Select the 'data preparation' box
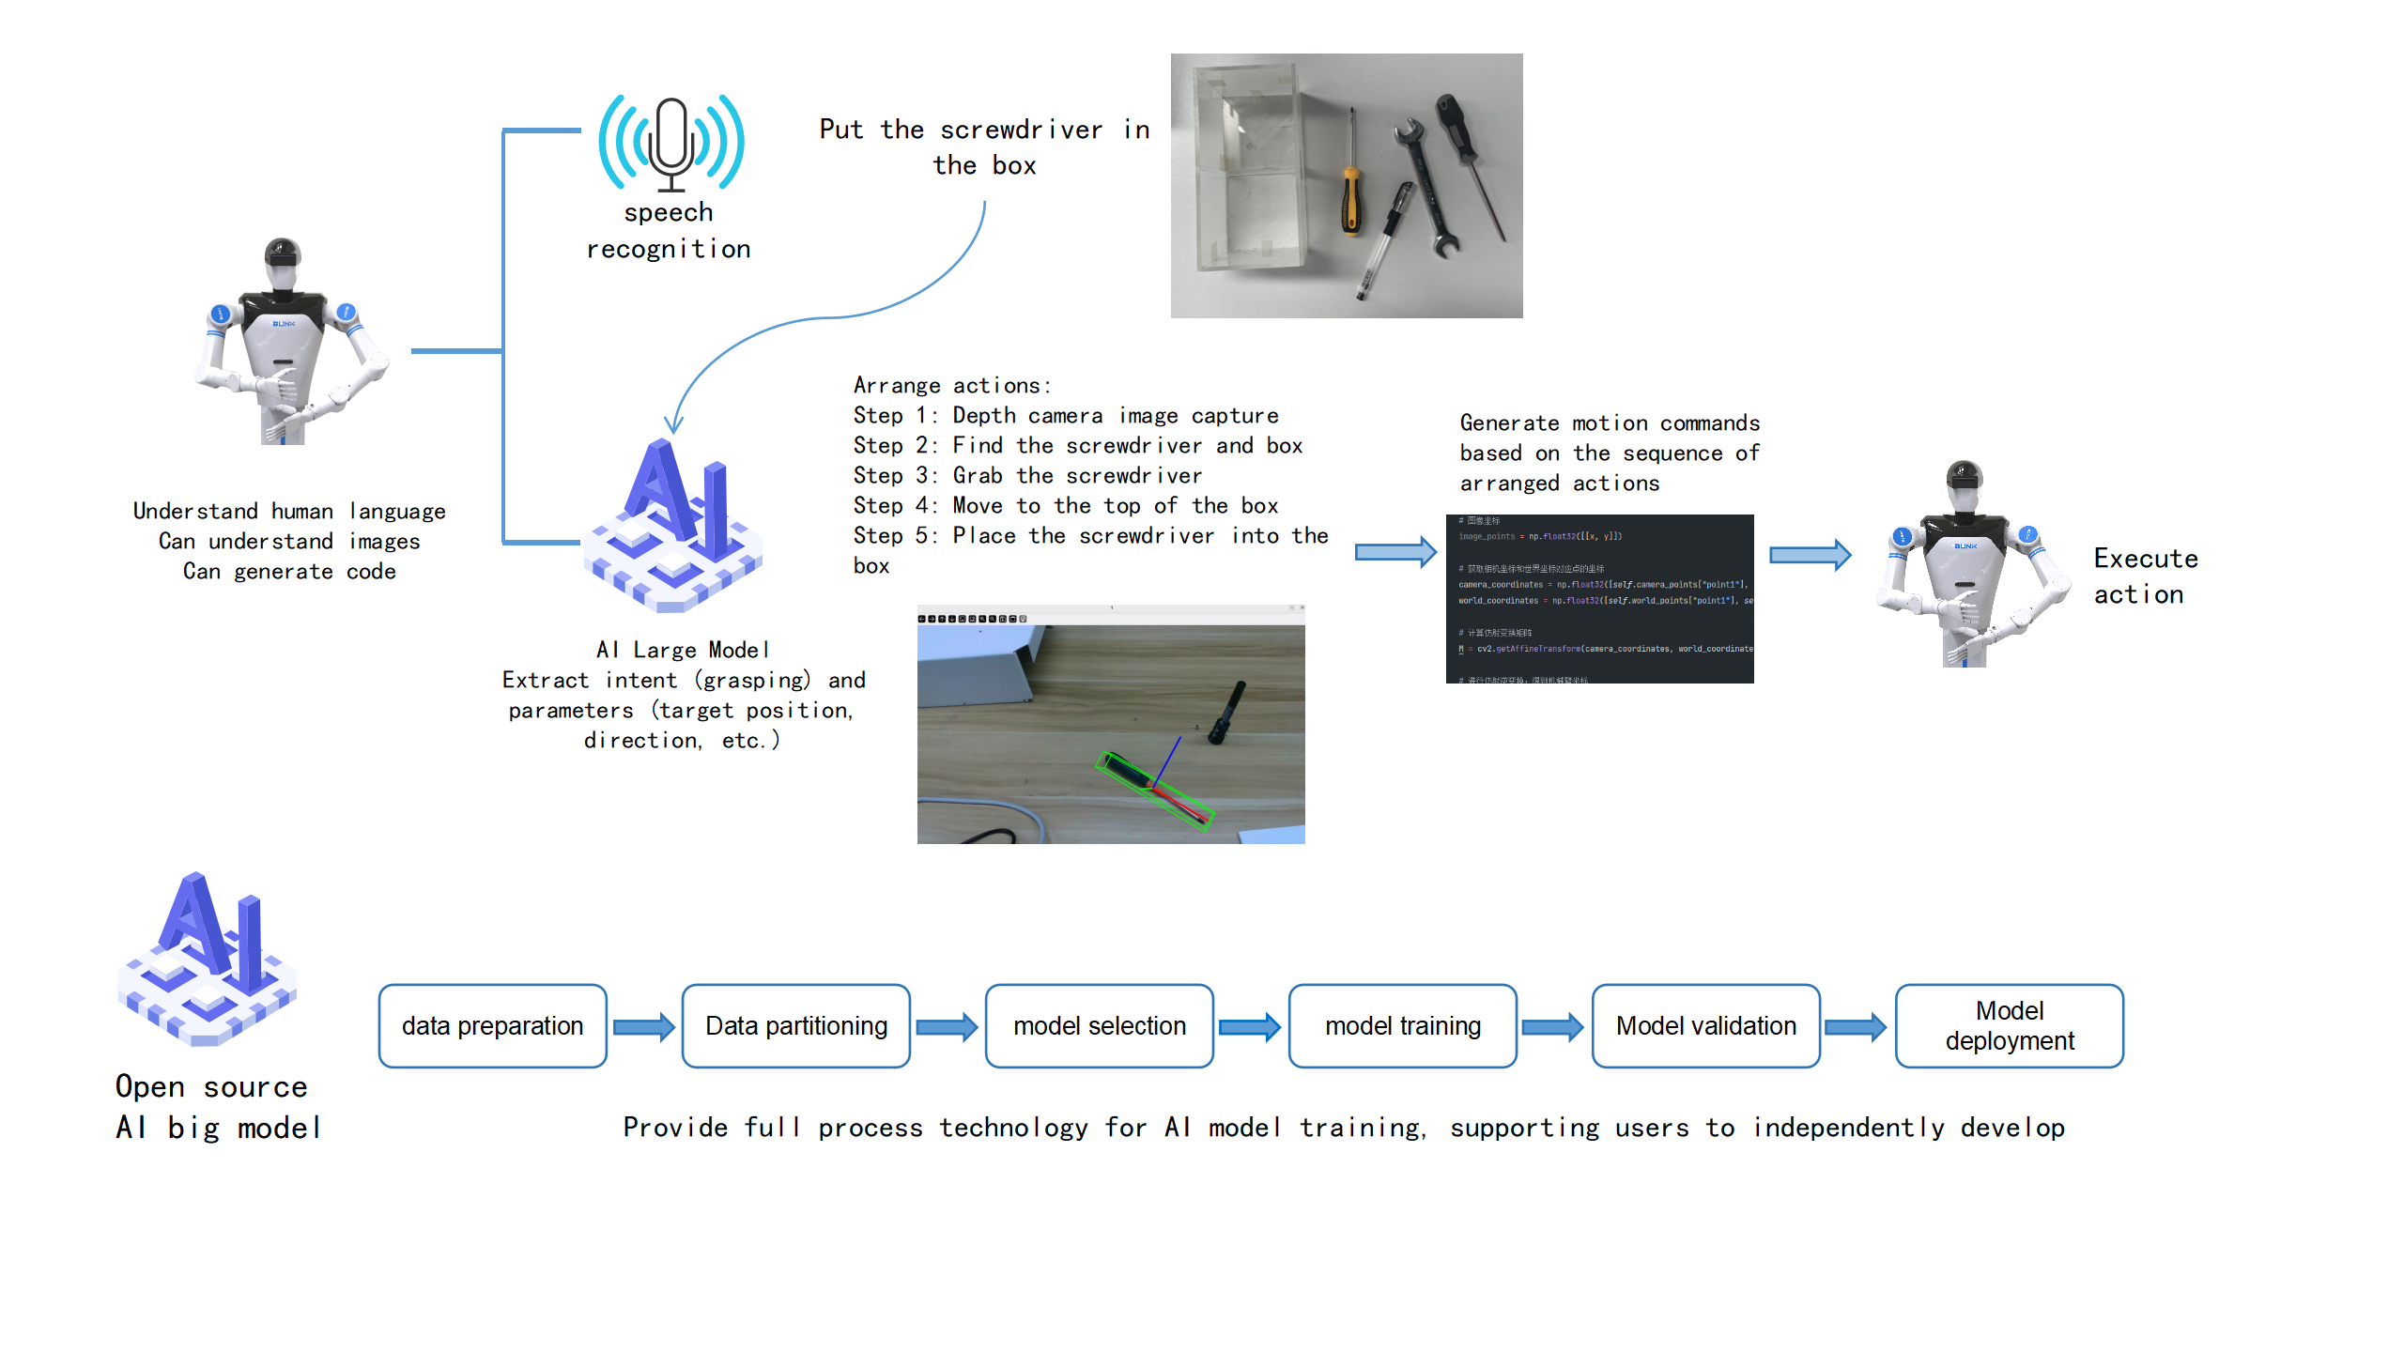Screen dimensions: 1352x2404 point(492,1025)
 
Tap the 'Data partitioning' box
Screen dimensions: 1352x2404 point(795,1025)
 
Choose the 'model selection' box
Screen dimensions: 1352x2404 point(1099,1025)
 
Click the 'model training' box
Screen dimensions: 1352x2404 point(1402,1025)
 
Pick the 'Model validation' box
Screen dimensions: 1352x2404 point(1705,1025)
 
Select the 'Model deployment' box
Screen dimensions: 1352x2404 point(2009,1025)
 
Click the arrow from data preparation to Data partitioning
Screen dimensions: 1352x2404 point(644,1027)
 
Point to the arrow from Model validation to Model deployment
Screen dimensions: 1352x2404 point(1856,1027)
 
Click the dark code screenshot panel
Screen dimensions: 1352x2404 point(1599,598)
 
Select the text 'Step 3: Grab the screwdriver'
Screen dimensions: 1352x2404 point(1027,476)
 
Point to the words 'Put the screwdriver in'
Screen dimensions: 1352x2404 point(983,130)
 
